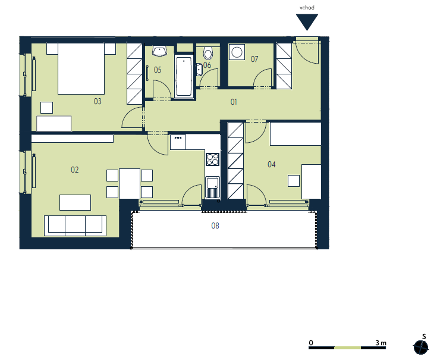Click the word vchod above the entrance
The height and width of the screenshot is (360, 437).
pos(307,8)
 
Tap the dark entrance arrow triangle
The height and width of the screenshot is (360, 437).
pos(307,21)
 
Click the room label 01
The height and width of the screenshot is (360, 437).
pos(234,102)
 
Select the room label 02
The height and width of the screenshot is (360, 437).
pos(75,170)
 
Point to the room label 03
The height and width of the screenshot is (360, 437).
pos(98,101)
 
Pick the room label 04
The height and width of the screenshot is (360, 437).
pos(272,164)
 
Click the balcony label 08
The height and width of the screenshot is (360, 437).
pos(215,226)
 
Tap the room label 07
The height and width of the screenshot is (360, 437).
pos(254,59)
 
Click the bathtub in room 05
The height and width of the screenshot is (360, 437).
pos(184,76)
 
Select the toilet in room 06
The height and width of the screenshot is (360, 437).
pos(208,53)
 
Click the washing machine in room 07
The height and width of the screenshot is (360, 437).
pos(237,52)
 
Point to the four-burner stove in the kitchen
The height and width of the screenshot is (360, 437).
pos(213,159)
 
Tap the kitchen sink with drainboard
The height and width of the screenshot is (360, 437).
pos(213,187)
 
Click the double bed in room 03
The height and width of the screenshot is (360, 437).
pos(81,68)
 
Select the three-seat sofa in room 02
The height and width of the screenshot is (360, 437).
pos(75,226)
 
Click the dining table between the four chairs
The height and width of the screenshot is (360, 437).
pos(130,183)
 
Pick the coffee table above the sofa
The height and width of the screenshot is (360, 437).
pos(76,202)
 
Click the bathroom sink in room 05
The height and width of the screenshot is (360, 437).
pos(160,51)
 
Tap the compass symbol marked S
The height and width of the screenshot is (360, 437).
pos(420,347)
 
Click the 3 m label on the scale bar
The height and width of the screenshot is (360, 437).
pos(381,343)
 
